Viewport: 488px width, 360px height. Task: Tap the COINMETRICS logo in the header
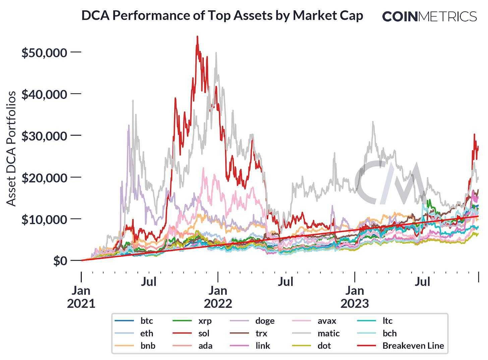[429, 16]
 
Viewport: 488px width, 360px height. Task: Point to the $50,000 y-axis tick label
[44, 53]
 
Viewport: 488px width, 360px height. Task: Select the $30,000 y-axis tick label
[44, 136]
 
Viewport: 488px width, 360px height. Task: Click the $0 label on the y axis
[60, 261]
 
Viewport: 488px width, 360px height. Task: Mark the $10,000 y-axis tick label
[44, 219]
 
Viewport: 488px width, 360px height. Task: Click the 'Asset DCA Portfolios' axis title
[11, 148]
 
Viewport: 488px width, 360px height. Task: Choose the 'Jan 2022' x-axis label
[218, 297]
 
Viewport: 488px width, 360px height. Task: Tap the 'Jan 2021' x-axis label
[81, 297]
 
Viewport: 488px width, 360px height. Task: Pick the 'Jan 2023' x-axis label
[355, 297]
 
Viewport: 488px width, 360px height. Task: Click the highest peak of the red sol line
[197, 37]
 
